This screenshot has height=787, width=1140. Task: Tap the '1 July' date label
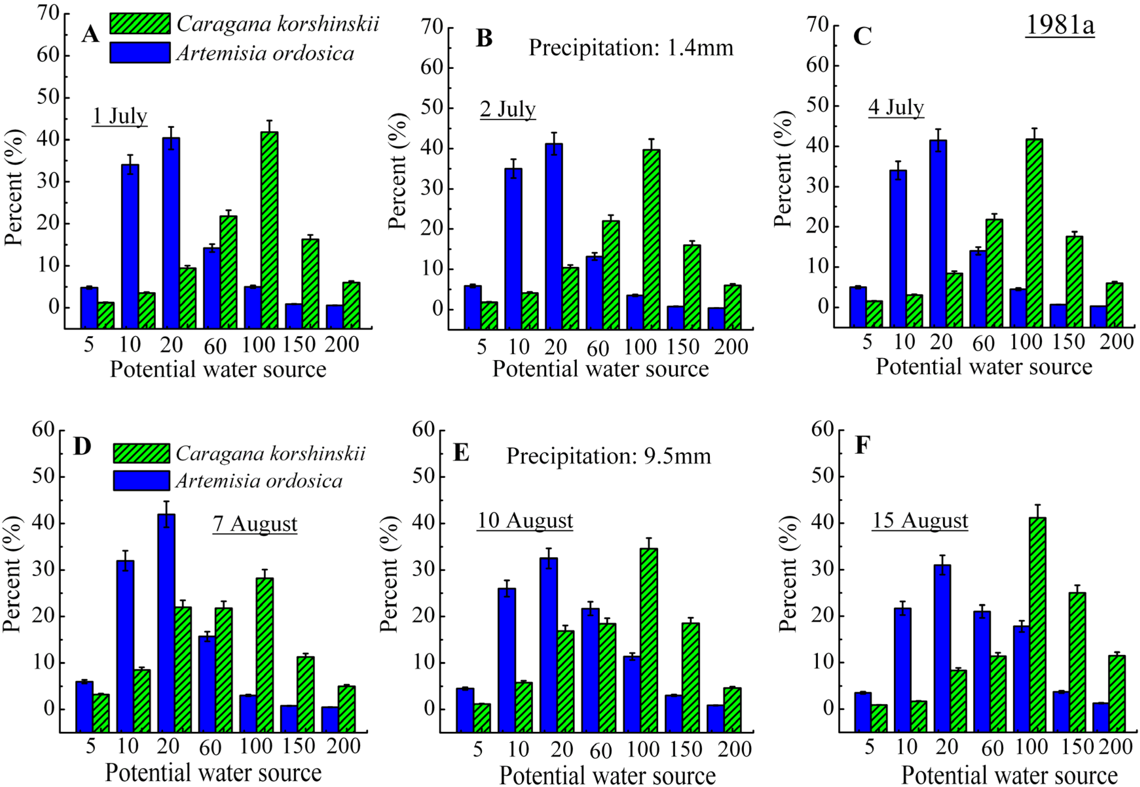click(120, 116)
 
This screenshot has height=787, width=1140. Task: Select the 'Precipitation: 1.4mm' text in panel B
click(631, 48)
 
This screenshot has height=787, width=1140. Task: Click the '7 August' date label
click(255, 524)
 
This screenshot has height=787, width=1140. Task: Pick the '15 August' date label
click(920, 521)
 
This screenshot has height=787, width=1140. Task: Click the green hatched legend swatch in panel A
click(140, 24)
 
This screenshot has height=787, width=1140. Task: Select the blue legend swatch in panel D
click(142, 481)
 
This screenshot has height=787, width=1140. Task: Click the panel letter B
click(484, 38)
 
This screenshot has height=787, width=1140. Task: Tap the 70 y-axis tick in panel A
click(48, 13)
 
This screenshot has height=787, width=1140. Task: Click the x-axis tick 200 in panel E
click(734, 750)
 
